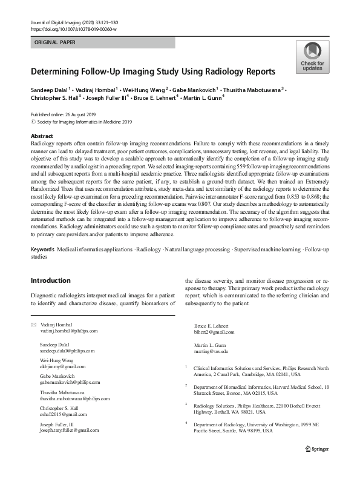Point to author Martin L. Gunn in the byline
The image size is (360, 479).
click(x=205, y=97)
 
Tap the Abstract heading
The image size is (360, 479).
click(x=42, y=136)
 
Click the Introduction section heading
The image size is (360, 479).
click(x=51, y=280)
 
